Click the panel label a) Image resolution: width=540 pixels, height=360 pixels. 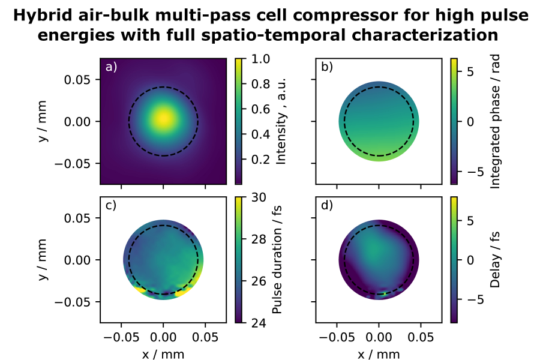(111, 67)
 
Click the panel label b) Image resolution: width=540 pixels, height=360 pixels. (327, 67)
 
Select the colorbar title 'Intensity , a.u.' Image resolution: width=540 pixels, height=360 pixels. (280, 121)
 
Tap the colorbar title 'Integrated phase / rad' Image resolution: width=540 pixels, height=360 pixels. (495, 121)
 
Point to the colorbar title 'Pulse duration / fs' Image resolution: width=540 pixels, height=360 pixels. (277, 259)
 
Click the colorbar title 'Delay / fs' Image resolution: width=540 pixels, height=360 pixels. (495, 259)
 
